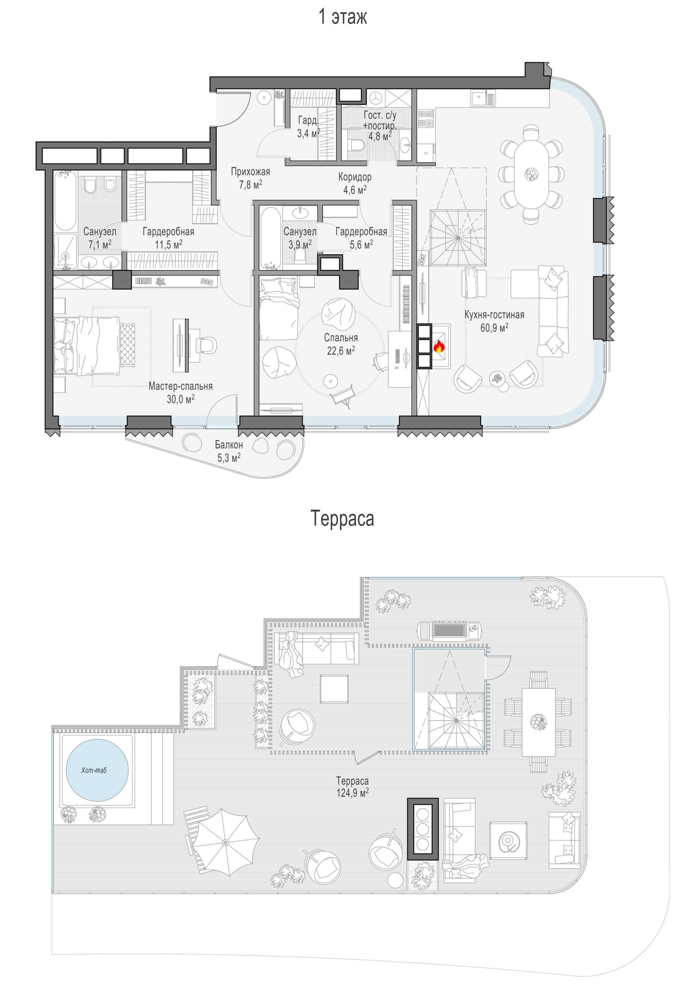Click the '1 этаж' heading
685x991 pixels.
(x=342, y=17)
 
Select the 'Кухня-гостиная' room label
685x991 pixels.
(x=494, y=315)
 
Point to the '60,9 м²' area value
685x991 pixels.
(x=494, y=328)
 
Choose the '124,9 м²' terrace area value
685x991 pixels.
(x=352, y=792)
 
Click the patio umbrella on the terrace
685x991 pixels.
(x=225, y=842)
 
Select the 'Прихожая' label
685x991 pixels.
(x=251, y=171)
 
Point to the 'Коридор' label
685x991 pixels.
(x=354, y=177)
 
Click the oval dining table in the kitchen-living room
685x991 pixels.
(x=531, y=174)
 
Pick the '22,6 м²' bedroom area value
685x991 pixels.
(x=341, y=351)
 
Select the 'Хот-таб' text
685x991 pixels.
(x=94, y=770)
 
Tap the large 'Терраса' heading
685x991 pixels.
(x=342, y=518)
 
